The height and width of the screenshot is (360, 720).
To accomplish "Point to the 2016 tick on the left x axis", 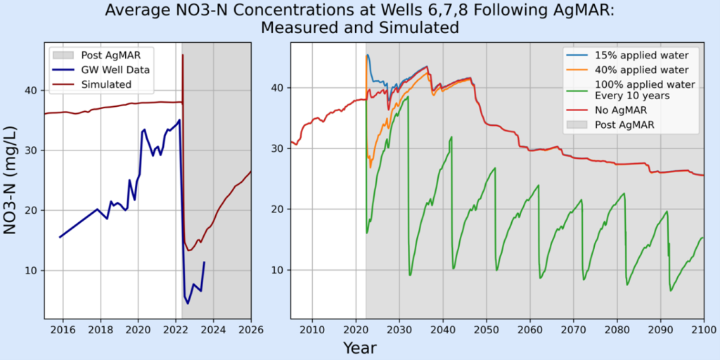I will [63, 328].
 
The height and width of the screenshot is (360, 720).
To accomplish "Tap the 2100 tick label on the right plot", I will [702, 328].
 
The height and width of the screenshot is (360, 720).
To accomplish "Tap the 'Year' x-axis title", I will [359, 347].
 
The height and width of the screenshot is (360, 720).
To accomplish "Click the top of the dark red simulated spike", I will [183, 55].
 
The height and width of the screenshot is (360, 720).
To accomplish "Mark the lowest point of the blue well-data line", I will [188, 303].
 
